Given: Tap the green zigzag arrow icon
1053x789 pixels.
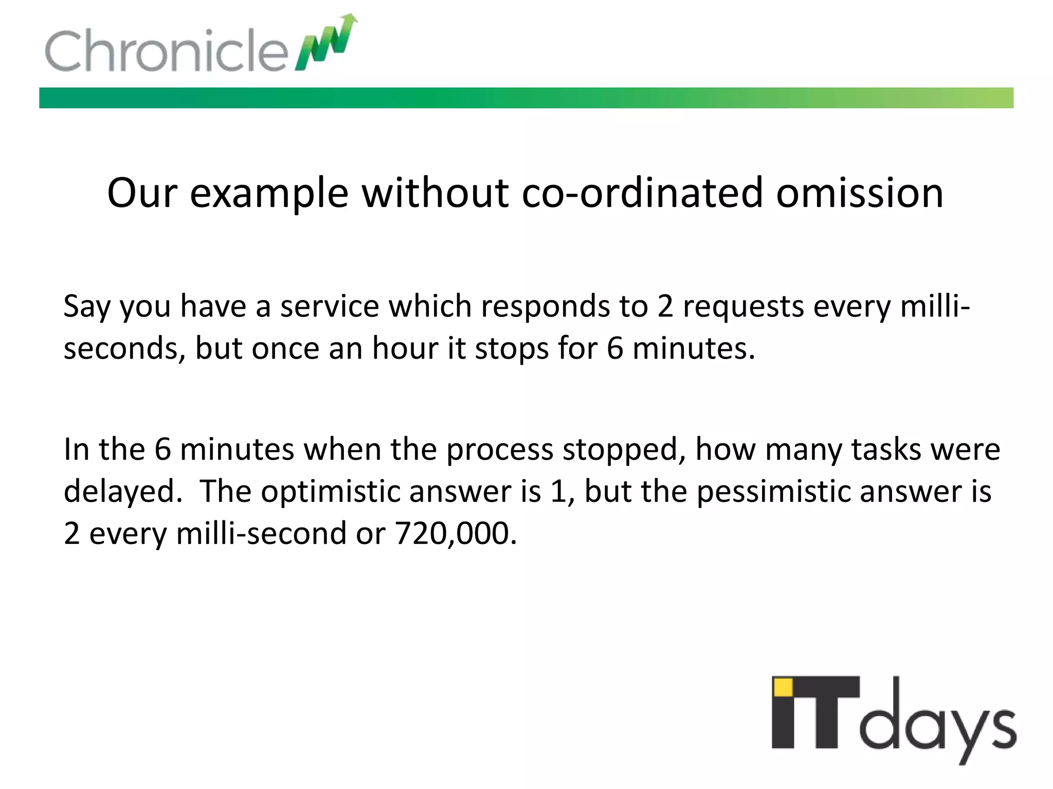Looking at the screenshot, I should coord(326,44).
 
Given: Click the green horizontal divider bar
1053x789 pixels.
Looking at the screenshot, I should coord(526,98).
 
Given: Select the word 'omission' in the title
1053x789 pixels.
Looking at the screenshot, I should coord(860,193).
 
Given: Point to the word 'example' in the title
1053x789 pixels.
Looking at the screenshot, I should coord(269,194).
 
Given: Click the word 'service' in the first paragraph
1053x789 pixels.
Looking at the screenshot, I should coord(328,307).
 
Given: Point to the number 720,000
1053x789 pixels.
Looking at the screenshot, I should coord(455,534).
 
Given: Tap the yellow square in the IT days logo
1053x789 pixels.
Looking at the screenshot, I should coord(783,687).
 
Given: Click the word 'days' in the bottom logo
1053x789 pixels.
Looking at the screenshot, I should coord(937,724).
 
